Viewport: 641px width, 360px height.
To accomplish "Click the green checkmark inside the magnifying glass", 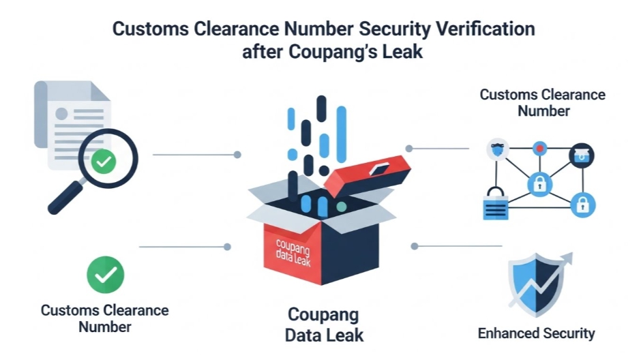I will (104, 162).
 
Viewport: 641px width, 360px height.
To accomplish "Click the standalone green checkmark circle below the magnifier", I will (105, 275).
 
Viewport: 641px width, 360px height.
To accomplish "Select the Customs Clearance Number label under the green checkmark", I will (105, 318).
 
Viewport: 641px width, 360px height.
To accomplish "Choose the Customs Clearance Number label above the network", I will (542, 102).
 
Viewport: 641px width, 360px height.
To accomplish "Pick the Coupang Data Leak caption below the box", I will (323, 325).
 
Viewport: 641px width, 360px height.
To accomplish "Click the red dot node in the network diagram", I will (540, 147).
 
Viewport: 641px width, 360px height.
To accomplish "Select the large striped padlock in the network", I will (496, 206).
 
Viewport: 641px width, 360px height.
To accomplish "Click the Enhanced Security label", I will (536, 333).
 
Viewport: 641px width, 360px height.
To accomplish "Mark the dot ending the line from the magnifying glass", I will (237, 155).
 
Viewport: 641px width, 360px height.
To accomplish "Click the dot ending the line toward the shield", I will (414, 245).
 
